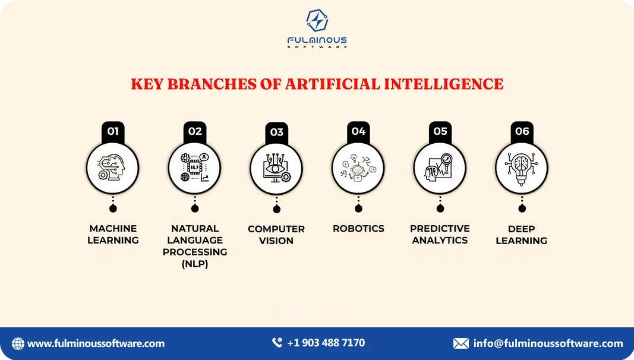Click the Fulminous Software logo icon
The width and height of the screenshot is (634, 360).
317,20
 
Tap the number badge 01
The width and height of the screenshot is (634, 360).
113,131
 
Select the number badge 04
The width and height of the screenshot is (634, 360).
358,131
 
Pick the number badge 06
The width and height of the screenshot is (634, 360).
522,131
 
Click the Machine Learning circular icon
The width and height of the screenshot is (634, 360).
113,168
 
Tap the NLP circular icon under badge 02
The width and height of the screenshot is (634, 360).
194,168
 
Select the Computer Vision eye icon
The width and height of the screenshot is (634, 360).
276,169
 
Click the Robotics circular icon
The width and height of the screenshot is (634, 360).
358,168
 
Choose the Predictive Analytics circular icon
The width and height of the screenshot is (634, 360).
440,168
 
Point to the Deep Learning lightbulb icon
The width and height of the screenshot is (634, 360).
522,168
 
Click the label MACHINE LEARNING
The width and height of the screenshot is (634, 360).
113,234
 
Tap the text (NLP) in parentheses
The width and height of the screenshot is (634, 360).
195,264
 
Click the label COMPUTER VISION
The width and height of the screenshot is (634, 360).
276,235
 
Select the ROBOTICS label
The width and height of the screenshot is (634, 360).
358,228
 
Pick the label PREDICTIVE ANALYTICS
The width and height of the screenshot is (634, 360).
440,234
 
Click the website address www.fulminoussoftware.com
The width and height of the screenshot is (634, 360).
96,343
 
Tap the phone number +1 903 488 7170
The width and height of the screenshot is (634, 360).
326,343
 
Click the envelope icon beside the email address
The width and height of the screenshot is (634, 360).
461,343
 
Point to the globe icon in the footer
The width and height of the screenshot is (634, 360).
18,343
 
